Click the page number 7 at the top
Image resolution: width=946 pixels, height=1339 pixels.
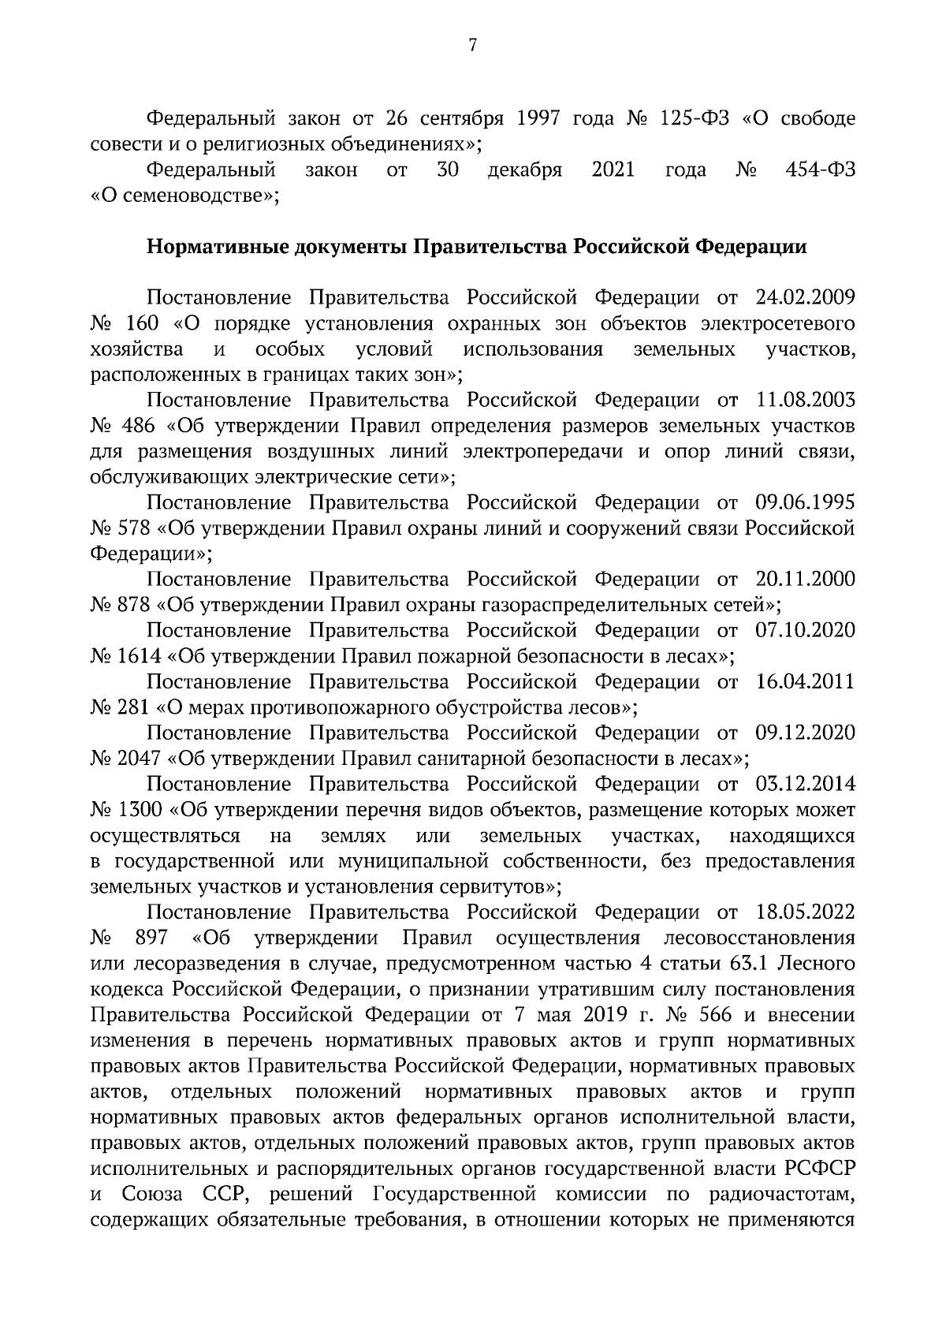pos(472,46)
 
